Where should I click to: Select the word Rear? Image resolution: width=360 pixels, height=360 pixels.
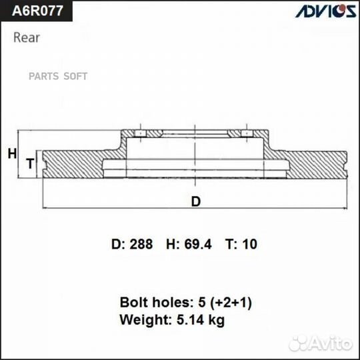27,37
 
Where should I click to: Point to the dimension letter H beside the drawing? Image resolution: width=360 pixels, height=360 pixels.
11,154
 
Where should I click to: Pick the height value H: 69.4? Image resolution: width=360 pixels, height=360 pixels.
189,245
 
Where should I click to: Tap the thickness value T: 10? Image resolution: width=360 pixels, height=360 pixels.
241,245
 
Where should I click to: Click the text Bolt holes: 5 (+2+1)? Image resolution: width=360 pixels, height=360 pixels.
185,302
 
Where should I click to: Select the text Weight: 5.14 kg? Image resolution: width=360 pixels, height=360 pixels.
171,320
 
